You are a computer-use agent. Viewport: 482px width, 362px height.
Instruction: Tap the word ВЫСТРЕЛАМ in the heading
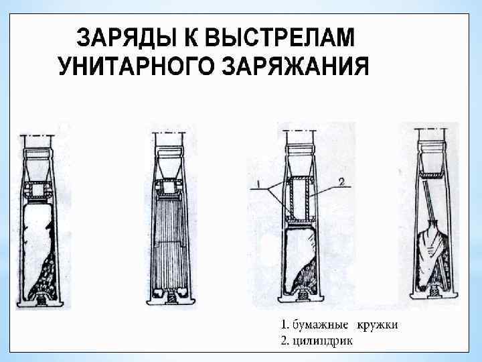pos(280,38)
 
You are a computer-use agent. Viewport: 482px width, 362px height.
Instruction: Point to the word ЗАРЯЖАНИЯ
pos(295,66)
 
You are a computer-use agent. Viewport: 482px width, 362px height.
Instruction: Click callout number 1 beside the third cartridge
pos(258,184)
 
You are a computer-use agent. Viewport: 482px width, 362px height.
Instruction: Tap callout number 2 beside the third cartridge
pos(341,182)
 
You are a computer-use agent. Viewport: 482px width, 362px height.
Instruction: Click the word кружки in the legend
pos(377,325)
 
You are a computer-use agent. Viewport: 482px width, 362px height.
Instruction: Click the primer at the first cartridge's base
pos(40,300)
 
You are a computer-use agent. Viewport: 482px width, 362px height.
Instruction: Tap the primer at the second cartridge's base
pos(171,298)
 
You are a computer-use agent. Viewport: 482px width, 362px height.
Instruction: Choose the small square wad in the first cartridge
pos(37,190)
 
